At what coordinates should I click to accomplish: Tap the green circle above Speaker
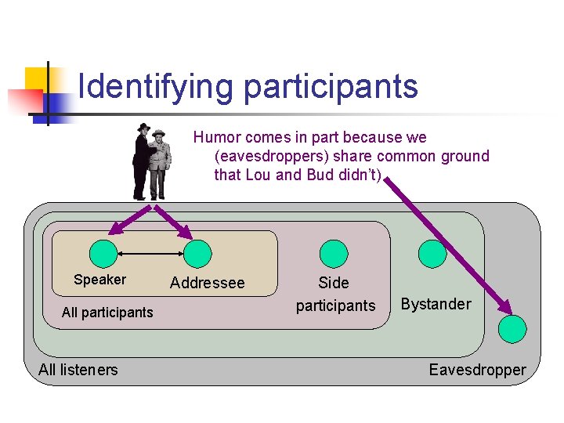click(x=103, y=253)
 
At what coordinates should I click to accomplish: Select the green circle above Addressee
click(x=197, y=253)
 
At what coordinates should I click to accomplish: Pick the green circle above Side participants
click(x=334, y=253)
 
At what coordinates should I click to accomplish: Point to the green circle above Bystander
click(x=432, y=253)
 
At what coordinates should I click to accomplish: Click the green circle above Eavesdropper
click(x=515, y=327)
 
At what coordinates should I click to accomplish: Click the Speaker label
click(x=99, y=280)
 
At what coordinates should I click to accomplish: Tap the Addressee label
click(x=207, y=283)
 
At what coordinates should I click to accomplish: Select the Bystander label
click(x=436, y=304)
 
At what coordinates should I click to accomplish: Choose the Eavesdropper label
click(x=477, y=370)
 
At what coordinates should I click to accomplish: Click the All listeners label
click(x=78, y=370)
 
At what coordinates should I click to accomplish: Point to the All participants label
click(x=107, y=313)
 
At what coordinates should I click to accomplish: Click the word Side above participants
click(x=334, y=283)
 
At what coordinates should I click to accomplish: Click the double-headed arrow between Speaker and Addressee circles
click(x=150, y=253)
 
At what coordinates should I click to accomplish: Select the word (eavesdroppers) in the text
click(x=269, y=156)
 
